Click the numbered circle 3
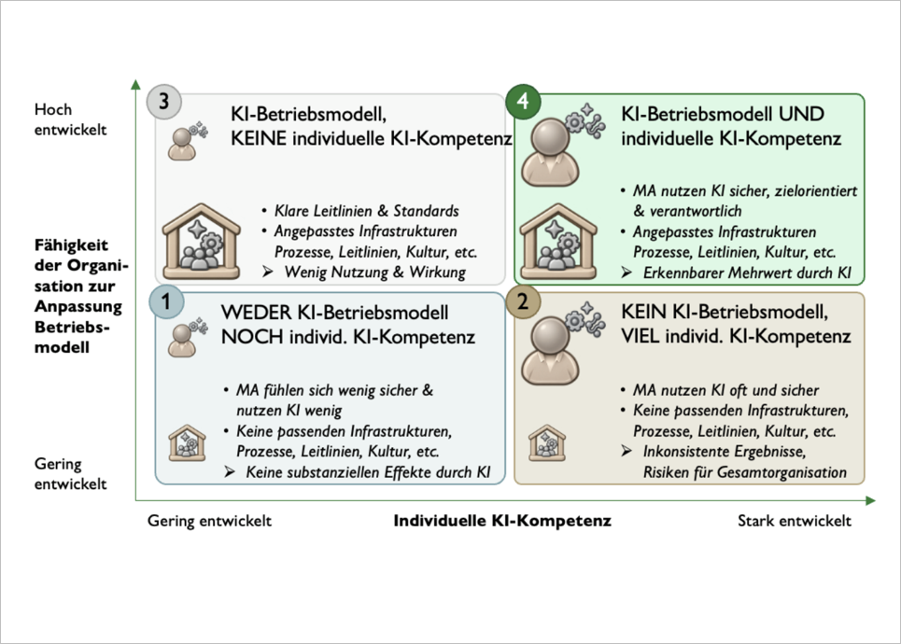(x=163, y=102)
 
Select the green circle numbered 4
(x=523, y=101)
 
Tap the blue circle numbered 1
(x=166, y=301)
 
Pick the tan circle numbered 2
(x=523, y=301)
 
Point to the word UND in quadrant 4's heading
(x=802, y=114)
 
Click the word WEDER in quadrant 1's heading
(x=257, y=313)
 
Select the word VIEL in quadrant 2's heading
(x=641, y=336)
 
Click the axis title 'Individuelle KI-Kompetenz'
(x=502, y=521)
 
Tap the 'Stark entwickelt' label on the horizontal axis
(x=795, y=521)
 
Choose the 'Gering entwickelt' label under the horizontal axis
(x=209, y=521)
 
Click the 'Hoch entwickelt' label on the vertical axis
(x=70, y=119)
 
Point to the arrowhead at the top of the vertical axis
(x=135, y=84)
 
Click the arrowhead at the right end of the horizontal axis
(x=870, y=501)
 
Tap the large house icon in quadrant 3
(x=201, y=242)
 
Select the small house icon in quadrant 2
(x=547, y=443)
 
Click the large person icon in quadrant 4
(x=551, y=152)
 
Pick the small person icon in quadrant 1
(x=182, y=340)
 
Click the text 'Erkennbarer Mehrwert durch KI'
(x=747, y=273)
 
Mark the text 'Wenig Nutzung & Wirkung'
(x=375, y=273)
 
